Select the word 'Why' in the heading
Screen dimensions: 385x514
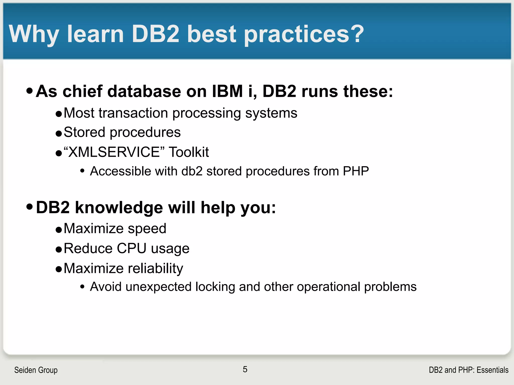tap(34, 34)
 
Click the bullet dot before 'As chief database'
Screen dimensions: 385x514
tap(30, 90)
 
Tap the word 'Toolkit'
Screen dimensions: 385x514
tap(189, 152)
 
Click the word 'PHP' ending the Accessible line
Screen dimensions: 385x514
tap(356, 171)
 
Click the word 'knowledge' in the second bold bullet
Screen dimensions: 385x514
tap(119, 208)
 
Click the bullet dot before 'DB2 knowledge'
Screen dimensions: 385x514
tap(30, 207)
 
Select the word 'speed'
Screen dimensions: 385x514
tap(147, 229)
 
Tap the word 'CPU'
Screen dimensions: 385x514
tap(132, 248)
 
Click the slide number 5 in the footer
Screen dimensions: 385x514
tap(245, 369)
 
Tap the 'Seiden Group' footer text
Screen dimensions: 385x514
tap(36, 370)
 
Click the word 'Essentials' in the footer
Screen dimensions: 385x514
tap(492, 370)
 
